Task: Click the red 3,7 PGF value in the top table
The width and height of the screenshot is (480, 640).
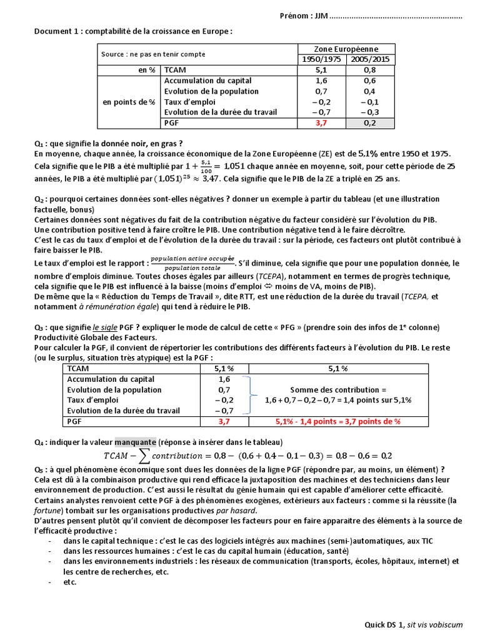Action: coord(322,124)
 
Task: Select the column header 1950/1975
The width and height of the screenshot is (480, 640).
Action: coord(322,59)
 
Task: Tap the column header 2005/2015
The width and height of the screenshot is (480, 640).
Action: coord(369,59)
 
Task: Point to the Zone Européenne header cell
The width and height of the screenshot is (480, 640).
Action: coord(346,49)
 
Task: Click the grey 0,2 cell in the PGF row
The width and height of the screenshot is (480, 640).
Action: coord(369,124)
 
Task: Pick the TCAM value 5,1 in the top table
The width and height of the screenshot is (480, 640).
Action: coord(322,70)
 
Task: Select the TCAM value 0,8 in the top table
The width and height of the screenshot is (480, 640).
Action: coord(369,70)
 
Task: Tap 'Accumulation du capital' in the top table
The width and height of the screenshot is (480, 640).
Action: coord(207,81)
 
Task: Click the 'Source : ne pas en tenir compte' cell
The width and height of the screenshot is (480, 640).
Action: coord(153,54)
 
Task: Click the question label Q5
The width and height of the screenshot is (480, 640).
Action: coord(39,469)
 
